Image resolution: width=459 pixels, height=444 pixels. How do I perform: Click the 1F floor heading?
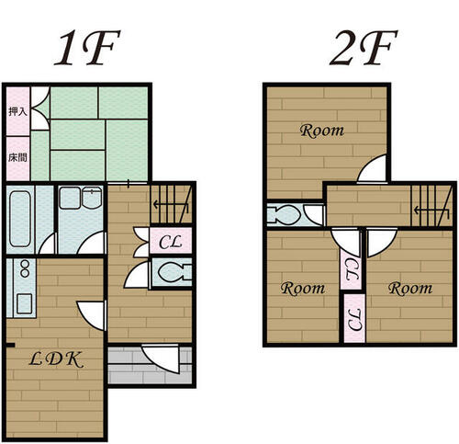click(87, 47)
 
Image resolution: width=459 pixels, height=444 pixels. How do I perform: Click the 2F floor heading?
click(364, 47)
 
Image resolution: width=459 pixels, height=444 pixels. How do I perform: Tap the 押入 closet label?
click(17, 111)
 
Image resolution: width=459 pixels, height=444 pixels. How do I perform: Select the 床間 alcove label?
click(17, 157)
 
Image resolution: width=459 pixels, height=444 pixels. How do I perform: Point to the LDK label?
click(56, 359)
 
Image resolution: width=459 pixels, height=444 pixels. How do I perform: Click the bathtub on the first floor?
click(20, 219)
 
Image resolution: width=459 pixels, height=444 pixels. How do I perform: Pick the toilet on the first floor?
click(174, 272)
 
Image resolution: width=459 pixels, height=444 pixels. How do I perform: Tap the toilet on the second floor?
click(284, 214)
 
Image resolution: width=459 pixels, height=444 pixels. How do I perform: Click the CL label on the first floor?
click(171, 242)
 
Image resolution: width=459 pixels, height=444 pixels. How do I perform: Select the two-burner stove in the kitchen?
click(25, 268)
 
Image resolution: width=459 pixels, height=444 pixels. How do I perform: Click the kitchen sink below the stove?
click(24, 303)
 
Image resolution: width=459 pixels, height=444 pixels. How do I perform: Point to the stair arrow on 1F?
click(171, 204)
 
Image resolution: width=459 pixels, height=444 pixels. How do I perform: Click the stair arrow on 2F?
click(431, 211)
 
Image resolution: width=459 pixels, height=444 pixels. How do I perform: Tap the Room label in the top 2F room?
click(322, 131)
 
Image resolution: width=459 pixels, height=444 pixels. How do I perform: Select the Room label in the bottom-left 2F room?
click(303, 289)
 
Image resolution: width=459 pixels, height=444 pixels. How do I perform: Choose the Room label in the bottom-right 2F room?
click(410, 289)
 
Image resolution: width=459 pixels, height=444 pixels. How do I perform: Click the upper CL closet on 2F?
click(351, 269)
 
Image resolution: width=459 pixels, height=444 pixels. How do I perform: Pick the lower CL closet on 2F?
click(354, 319)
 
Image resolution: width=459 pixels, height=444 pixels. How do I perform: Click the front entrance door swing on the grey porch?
click(161, 359)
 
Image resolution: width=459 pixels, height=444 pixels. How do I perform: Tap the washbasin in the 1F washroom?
click(92, 199)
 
